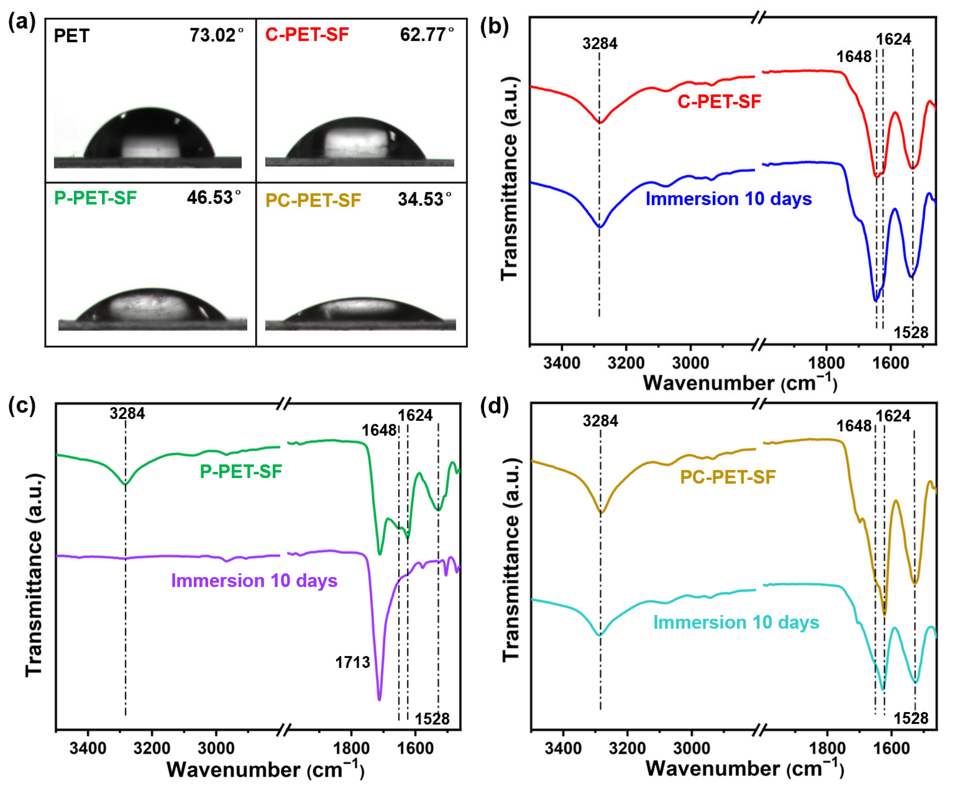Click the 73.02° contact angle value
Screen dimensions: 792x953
coord(216,35)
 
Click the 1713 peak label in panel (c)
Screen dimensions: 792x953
coord(352,663)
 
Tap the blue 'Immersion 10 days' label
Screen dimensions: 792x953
coord(729,199)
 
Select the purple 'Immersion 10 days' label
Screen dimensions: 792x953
coord(254,581)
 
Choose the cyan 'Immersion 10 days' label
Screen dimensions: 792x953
coord(736,622)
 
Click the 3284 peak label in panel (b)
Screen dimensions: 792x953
coord(600,44)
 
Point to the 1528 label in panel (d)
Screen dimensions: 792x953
coord(911,718)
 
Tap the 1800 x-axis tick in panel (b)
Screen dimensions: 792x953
coord(826,363)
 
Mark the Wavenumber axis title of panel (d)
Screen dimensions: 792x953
coord(744,768)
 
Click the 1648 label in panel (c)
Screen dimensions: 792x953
coord(379,430)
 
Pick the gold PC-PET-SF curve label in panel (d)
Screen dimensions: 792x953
coord(728,477)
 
